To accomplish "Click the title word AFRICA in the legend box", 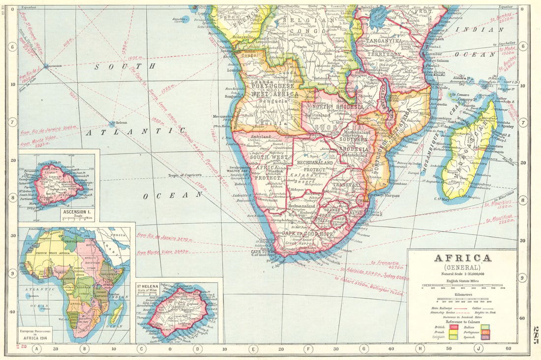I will tap(462, 258).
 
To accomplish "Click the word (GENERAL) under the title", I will tap(462, 268).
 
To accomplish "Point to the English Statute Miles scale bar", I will tap(462, 288).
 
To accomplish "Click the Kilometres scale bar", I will tap(462, 299).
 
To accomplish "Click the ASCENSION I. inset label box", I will tap(77, 214).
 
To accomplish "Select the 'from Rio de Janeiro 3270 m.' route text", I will tap(164, 240).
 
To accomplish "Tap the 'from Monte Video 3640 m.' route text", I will tap(164, 252).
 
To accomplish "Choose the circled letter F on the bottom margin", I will tap(308, 350).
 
